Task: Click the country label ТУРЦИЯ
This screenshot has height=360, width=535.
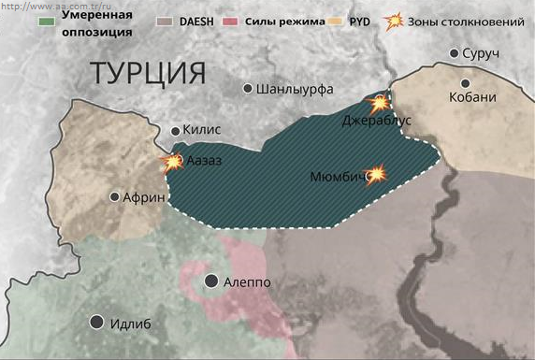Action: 148,73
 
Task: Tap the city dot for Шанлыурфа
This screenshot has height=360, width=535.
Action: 248,89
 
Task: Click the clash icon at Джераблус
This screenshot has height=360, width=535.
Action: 379,103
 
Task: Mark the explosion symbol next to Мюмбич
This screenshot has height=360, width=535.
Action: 376,174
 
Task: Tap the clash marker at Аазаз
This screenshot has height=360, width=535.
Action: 173,163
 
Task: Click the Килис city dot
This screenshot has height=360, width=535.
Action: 175,132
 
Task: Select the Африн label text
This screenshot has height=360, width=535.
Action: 144,197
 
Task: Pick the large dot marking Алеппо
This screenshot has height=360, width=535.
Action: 213,281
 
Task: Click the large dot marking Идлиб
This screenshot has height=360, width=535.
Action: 96,323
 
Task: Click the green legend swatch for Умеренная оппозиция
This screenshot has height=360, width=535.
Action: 47,19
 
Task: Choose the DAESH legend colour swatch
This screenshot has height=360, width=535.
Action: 165,19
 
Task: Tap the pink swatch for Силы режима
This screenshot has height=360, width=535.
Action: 234,19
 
